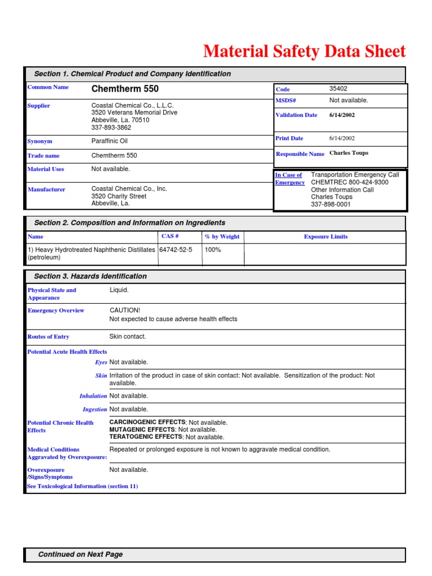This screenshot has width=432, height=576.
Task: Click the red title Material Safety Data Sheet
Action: click(x=304, y=51)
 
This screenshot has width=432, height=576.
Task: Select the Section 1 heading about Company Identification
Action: click(x=132, y=74)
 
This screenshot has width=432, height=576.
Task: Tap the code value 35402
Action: click(x=339, y=89)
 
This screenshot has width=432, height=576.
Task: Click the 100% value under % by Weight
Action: click(x=213, y=250)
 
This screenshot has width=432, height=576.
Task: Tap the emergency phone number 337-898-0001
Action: click(x=331, y=205)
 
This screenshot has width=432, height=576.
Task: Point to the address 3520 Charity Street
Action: click(x=119, y=196)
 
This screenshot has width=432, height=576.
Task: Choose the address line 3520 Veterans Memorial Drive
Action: click(x=134, y=112)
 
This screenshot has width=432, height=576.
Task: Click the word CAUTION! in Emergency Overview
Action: click(x=125, y=310)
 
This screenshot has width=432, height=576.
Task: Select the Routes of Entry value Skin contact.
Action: click(x=127, y=336)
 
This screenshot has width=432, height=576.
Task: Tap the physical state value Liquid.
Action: click(x=119, y=290)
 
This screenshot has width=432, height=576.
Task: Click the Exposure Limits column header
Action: click(x=325, y=237)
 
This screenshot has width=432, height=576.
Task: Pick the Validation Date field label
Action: click(x=296, y=115)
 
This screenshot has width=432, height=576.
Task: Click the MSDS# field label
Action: click(x=286, y=101)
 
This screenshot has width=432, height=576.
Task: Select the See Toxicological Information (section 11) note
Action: click(x=83, y=486)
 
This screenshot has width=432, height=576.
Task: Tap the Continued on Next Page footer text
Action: click(x=80, y=555)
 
